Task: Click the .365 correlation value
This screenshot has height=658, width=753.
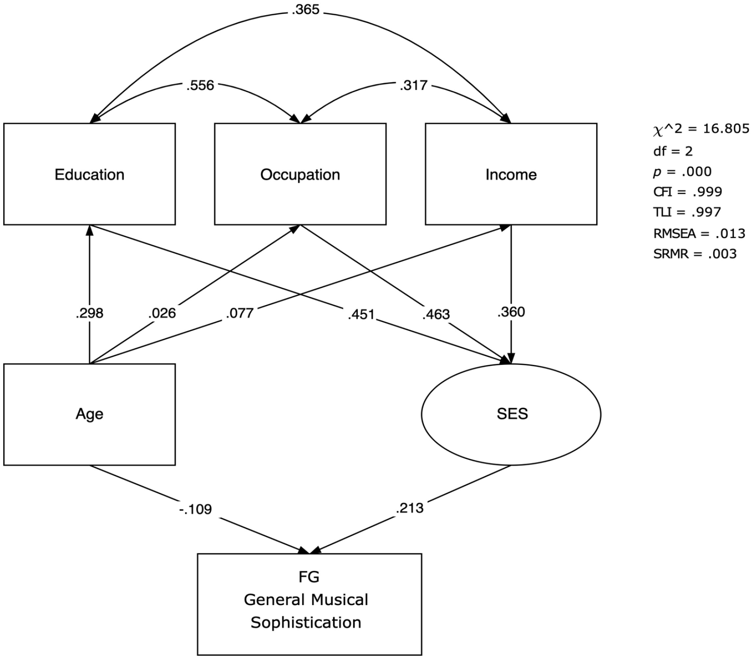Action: coord(305,10)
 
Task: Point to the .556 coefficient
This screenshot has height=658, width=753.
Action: coord(200,85)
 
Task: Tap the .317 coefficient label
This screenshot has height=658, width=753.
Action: coord(413,85)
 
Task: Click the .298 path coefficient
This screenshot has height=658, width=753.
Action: coord(90,313)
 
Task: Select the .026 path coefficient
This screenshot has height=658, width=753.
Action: coord(162,313)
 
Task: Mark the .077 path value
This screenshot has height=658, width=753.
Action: coord(239,313)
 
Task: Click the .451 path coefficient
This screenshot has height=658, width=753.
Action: coord(361,314)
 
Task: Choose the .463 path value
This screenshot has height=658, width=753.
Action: coord(436,314)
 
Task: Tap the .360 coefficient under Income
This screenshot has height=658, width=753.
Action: coord(511,312)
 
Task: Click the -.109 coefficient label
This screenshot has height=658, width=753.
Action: coord(196,509)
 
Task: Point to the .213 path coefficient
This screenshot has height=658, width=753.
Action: coord(409,508)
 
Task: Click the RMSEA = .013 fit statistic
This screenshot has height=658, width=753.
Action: coord(699,233)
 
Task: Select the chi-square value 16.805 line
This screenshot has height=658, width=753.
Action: coord(701,129)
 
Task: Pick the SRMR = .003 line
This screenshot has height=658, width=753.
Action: coord(695,253)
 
